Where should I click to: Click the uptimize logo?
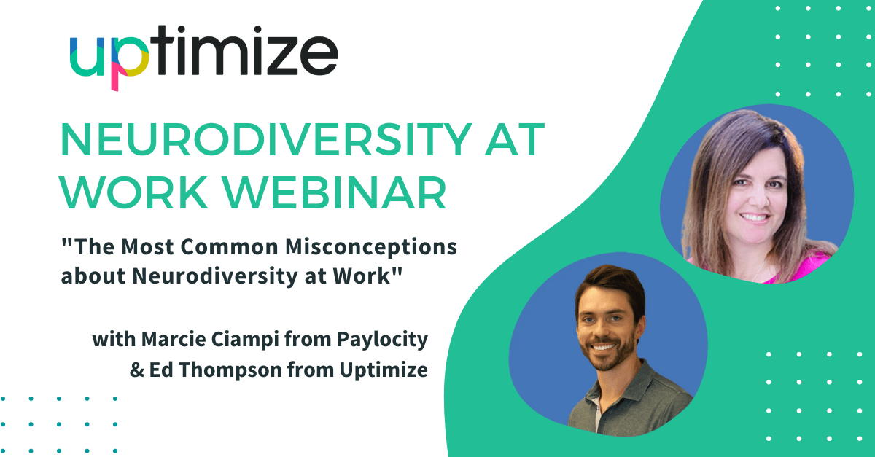point(203,57)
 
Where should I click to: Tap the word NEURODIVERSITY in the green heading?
point(265,139)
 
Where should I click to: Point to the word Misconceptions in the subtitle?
point(371,248)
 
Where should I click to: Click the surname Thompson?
point(230,370)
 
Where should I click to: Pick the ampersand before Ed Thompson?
point(137,370)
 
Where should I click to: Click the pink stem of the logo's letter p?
point(115,77)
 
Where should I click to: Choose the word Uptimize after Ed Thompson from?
point(384,370)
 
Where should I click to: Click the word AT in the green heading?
point(515,139)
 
